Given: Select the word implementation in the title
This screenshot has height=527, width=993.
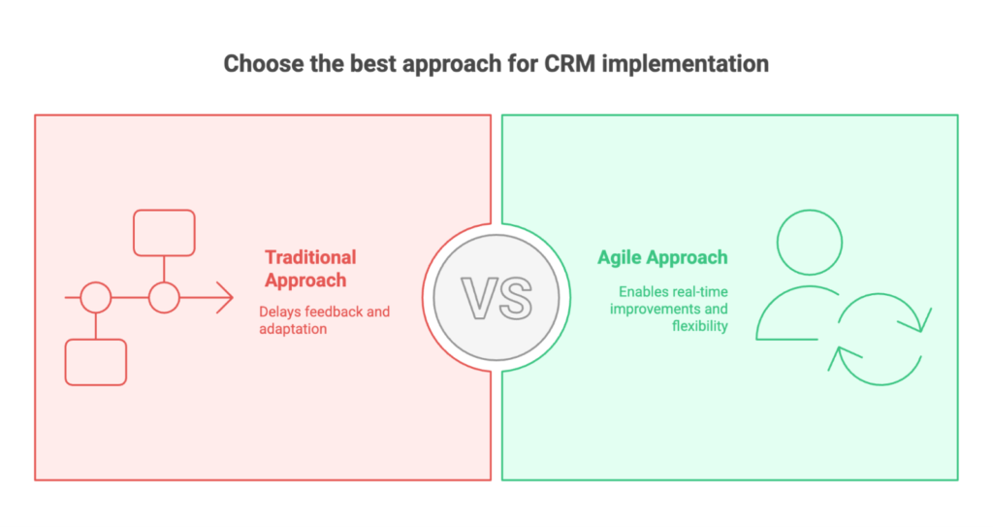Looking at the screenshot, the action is pyautogui.click(x=686, y=65).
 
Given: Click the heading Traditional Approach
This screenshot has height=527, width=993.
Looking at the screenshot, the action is pyautogui.click(x=310, y=269).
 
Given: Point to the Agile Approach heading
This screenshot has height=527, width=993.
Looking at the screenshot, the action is pyautogui.click(x=662, y=257).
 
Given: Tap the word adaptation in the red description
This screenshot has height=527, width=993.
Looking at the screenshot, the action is pyautogui.click(x=293, y=329).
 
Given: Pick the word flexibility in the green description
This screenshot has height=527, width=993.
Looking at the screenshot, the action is pyautogui.click(x=700, y=326).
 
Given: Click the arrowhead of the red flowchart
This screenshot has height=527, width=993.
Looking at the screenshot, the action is pyautogui.click(x=225, y=297).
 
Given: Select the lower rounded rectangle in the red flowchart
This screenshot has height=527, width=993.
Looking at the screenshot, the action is pyautogui.click(x=96, y=362).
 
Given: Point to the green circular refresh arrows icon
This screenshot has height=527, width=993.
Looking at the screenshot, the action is pyautogui.click(x=881, y=383).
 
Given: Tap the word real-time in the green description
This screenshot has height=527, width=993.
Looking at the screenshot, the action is pyautogui.click(x=700, y=292).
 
